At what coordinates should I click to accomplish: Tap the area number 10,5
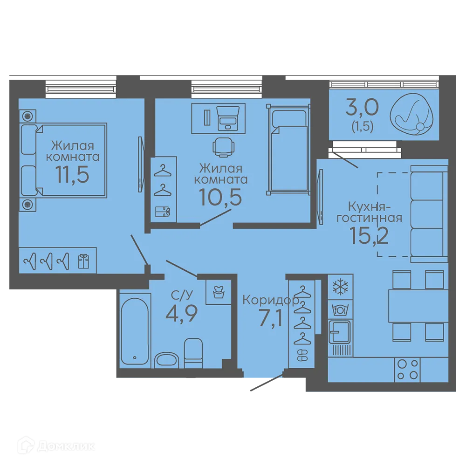tap(221, 197)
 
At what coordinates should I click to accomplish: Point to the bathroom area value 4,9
tap(181, 314)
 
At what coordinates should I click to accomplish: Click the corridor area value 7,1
tap(271, 318)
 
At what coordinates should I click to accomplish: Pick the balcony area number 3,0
tap(362, 107)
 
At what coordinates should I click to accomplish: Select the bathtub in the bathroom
tap(135, 331)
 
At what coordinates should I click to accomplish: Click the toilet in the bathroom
tap(193, 353)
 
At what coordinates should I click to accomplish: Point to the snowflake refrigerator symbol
tap(340, 287)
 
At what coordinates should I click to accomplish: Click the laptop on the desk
tap(228, 118)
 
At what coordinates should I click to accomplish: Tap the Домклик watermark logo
tap(56, 446)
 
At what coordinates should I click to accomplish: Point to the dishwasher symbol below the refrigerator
tap(340, 310)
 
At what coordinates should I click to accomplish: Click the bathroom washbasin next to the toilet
tap(167, 360)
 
